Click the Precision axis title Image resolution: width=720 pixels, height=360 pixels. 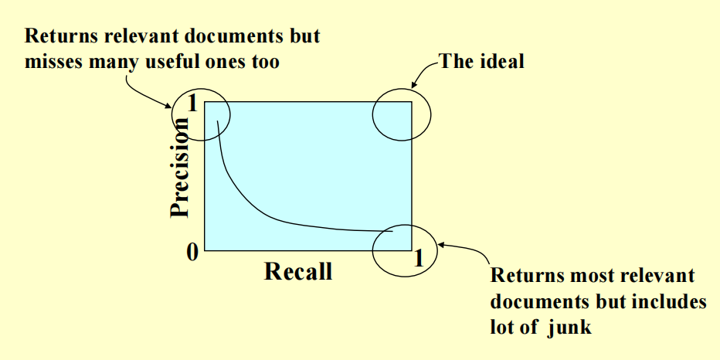[x=180, y=169]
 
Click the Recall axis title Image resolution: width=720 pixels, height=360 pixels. [x=298, y=271]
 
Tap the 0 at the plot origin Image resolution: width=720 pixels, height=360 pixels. [x=192, y=252]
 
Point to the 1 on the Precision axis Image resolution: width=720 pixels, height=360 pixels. [x=193, y=104]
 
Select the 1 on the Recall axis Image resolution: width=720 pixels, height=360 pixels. [x=419, y=258]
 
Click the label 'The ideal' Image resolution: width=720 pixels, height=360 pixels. [x=481, y=61]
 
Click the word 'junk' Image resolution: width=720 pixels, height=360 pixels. [x=571, y=328]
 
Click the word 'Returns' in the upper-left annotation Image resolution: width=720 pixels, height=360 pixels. [x=56, y=36]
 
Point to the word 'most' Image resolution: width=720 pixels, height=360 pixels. [x=581, y=275]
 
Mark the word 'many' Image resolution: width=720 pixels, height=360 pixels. [x=111, y=62]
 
